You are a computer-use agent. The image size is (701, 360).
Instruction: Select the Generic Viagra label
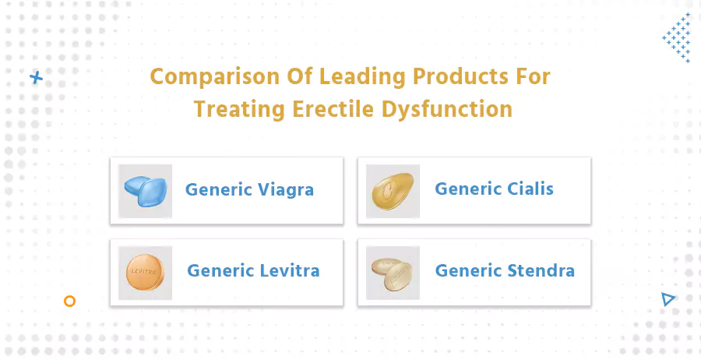point(249,189)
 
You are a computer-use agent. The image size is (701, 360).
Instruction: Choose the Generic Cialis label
point(494,189)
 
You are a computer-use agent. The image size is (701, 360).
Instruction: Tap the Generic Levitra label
point(253,271)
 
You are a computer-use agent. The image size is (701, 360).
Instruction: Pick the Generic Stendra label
point(505,271)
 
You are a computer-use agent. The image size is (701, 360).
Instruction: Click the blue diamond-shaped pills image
point(146,191)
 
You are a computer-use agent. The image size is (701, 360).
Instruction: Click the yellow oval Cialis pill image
point(393,191)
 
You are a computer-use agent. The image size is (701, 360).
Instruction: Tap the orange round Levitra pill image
point(146,273)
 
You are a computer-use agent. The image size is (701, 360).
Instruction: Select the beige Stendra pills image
point(393,273)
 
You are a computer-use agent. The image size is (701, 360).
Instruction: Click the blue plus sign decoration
point(35,77)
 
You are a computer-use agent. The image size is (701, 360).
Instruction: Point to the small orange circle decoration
point(69,301)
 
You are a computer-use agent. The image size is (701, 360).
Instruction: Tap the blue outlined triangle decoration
point(667,298)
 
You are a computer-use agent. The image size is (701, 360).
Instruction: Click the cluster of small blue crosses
point(676,37)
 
